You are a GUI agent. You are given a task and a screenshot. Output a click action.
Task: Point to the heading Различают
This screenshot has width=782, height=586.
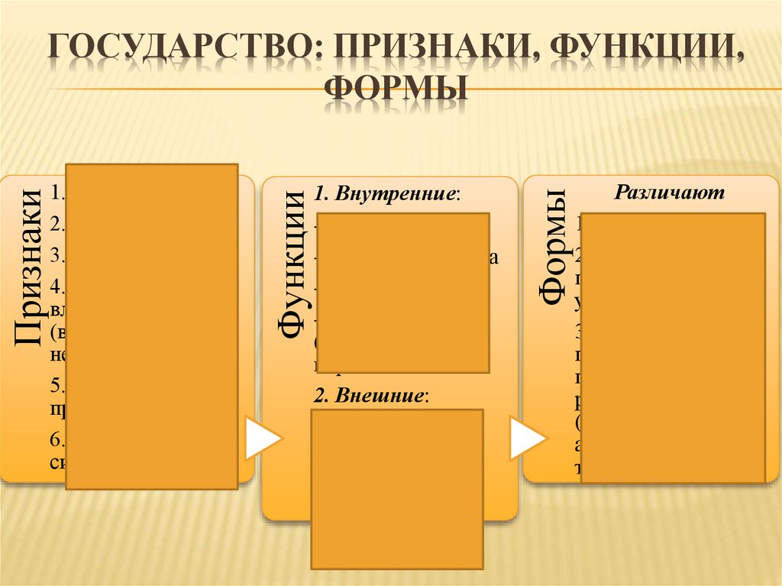click(669, 193)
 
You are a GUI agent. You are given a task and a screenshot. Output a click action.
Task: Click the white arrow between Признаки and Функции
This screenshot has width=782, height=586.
click(262, 439)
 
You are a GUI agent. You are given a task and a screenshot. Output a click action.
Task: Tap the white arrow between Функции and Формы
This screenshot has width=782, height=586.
click(527, 440)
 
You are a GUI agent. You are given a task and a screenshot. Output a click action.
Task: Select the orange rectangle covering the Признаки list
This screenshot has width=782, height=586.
click(151, 325)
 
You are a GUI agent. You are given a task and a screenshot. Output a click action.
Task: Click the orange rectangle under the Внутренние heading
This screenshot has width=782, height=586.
click(402, 292)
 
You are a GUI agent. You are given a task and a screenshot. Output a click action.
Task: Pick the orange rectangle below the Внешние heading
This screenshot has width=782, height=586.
click(397, 488)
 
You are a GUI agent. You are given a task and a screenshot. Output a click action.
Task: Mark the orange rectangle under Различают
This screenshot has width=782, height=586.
click(677, 348)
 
